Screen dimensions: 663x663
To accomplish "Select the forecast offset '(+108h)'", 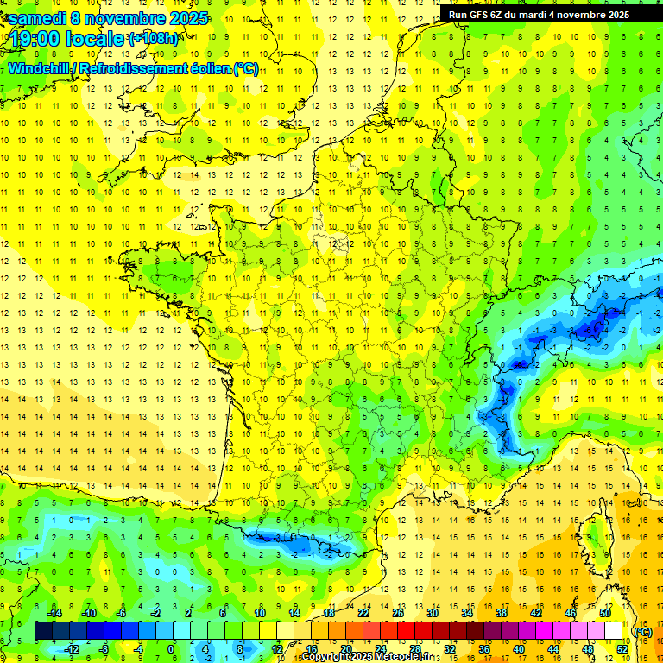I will [x=154, y=39].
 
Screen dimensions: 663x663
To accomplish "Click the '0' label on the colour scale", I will [x=171, y=648].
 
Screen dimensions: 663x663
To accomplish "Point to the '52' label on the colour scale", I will [x=622, y=648].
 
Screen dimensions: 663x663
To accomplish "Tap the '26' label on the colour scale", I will [x=398, y=613].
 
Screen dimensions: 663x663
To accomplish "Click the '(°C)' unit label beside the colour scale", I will [x=643, y=632].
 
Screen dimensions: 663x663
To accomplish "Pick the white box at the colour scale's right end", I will [x=614, y=631].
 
